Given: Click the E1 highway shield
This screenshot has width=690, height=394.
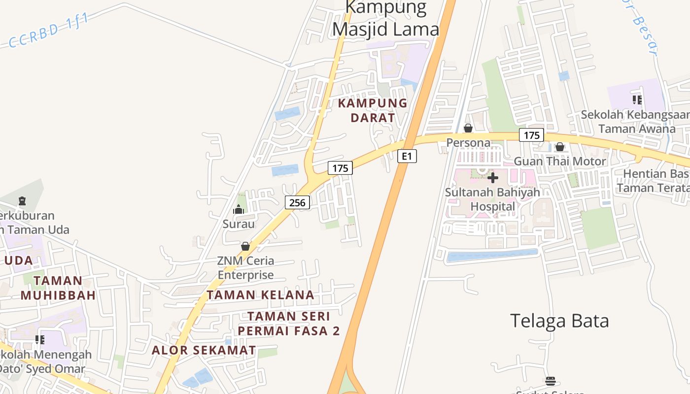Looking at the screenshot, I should [x=407, y=157].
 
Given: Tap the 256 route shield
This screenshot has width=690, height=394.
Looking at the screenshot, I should [x=297, y=202].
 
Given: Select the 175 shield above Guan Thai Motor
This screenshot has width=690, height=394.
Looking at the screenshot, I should [x=531, y=135].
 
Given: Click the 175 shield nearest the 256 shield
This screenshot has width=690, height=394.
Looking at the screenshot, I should [x=340, y=168].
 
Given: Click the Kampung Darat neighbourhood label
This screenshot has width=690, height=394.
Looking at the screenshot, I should [x=373, y=110].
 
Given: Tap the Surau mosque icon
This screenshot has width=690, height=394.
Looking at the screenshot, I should [x=239, y=209].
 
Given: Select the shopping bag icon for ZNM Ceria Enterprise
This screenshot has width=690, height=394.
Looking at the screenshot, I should [x=245, y=246].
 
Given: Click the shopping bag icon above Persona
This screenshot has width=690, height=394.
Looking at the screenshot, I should [x=468, y=129].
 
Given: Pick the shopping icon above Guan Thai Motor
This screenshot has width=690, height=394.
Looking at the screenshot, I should [x=559, y=147].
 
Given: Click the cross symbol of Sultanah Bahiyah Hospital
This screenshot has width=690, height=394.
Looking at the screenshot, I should [x=492, y=178].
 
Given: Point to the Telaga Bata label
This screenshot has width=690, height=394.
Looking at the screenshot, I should [x=559, y=321].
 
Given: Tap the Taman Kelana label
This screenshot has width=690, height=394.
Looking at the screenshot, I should [x=260, y=295].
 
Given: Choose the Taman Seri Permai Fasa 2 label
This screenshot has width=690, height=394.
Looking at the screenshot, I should [x=289, y=324].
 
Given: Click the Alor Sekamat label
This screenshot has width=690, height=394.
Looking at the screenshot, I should [x=204, y=350].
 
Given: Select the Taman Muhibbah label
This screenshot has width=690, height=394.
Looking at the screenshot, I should [x=58, y=288].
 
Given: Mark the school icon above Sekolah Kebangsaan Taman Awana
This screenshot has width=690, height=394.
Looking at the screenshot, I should [x=637, y=100].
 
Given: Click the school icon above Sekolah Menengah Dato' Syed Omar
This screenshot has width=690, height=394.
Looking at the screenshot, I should [x=40, y=339].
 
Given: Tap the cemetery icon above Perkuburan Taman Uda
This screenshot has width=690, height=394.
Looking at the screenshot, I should [x=22, y=201].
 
